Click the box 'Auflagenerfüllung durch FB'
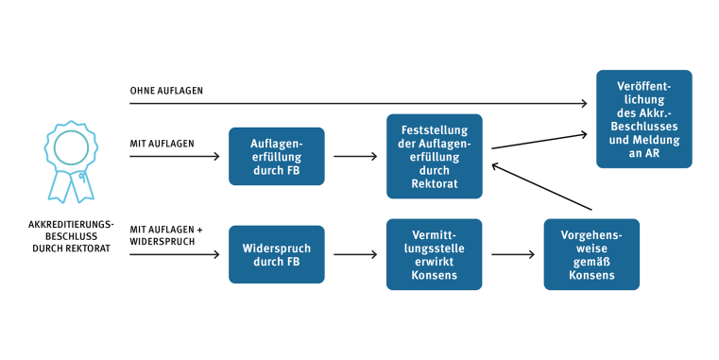pos(276,156)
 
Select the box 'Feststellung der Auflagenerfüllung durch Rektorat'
pos(434,156)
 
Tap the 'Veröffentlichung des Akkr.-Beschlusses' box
pos(643,119)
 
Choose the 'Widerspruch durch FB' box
pos(276,254)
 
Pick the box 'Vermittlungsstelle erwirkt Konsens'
pos(434,254)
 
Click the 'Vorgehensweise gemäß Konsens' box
pos(591,254)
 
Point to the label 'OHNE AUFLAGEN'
pos(166,91)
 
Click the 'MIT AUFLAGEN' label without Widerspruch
pos(163,144)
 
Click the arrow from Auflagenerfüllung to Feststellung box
pos(355,157)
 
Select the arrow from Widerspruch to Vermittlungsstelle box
pos(355,254)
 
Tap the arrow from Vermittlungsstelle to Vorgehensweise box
pos(513,254)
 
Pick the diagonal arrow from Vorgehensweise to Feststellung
pos(541,186)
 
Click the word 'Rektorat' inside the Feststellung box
pos(434,184)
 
